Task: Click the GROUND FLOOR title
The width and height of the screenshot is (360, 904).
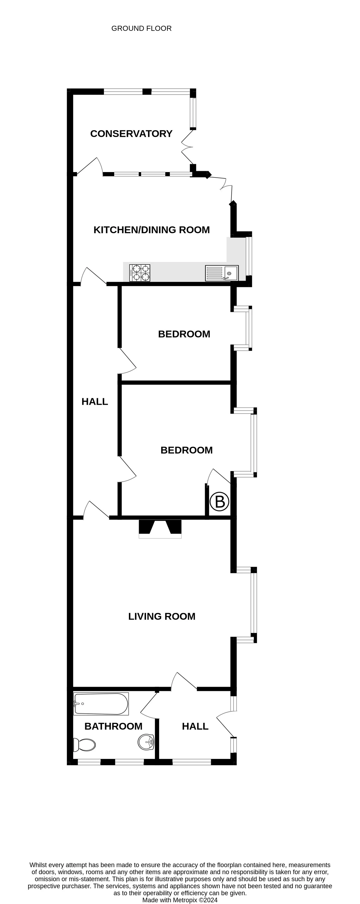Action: pyautogui.click(x=141, y=29)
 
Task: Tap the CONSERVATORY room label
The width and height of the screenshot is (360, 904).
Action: pyautogui.click(x=131, y=134)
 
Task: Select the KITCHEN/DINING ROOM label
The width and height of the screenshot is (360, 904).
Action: pyautogui.click(x=152, y=230)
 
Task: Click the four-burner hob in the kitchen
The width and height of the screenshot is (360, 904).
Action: pyautogui.click(x=140, y=273)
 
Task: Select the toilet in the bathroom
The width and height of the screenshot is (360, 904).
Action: pyautogui.click(x=84, y=745)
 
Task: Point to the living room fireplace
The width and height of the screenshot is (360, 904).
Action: pyautogui.click(x=160, y=529)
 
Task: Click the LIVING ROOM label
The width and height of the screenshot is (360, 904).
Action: pyautogui.click(x=162, y=616)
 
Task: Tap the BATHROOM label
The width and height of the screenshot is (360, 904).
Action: pyautogui.click(x=113, y=726)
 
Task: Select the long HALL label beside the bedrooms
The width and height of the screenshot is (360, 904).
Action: pyautogui.click(x=95, y=401)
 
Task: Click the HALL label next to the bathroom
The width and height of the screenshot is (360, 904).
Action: pyautogui.click(x=195, y=726)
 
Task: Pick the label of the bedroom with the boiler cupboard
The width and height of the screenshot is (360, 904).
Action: pyautogui.click(x=187, y=450)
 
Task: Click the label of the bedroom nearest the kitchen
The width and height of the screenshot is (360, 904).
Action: pyautogui.click(x=184, y=334)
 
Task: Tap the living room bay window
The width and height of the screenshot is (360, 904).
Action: pyautogui.click(x=254, y=605)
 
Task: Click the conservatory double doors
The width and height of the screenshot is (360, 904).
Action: pyautogui.click(x=187, y=147)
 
